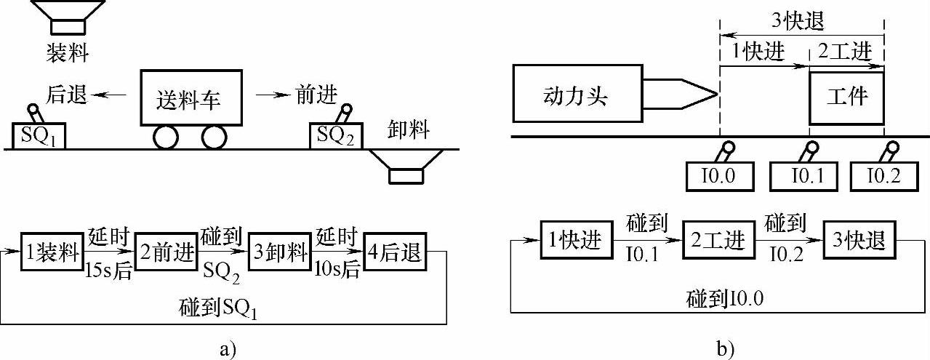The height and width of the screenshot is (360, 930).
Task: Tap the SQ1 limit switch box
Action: click(x=39, y=136)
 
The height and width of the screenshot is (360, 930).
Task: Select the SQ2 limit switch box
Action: click(x=335, y=136)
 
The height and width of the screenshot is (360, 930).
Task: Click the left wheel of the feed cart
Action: click(x=167, y=137)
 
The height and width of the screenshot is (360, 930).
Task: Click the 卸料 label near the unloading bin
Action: click(x=408, y=132)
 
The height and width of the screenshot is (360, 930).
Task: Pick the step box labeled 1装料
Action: click(x=51, y=252)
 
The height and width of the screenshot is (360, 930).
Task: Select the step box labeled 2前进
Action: click(x=167, y=252)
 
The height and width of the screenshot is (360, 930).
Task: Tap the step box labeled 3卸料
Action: click(x=278, y=252)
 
